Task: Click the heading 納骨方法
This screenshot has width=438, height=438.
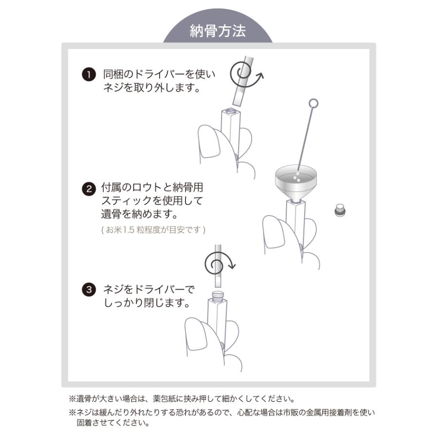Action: [x=218, y=31]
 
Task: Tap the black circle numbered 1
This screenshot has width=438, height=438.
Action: [x=89, y=74]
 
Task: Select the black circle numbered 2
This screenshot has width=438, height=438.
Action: [x=89, y=189]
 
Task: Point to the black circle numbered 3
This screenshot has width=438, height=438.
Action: [x=89, y=290]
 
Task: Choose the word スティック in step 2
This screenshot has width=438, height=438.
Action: [x=126, y=201]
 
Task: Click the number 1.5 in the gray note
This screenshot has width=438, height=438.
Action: [x=129, y=230]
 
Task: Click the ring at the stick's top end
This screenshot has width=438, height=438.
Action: [x=314, y=103]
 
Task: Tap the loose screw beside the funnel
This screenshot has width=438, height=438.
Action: [x=340, y=210]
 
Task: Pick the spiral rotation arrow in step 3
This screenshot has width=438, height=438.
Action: [x=219, y=264]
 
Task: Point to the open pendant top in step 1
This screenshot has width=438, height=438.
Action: [x=231, y=111]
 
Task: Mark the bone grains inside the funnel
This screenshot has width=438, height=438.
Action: [x=297, y=177]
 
